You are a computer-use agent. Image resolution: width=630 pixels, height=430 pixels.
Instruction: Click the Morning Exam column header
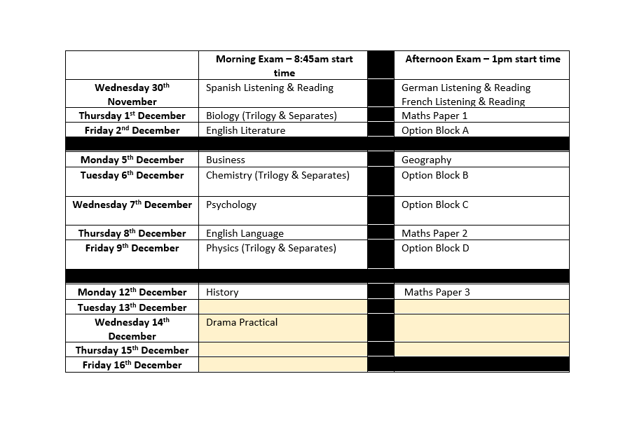(284, 66)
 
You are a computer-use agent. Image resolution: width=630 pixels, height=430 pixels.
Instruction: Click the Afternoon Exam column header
(482, 60)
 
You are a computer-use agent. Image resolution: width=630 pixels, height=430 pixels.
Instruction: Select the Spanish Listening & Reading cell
(269, 88)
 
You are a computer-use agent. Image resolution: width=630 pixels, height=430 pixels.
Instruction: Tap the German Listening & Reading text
(465, 88)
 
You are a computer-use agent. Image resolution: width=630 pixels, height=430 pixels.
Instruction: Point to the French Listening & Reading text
(463, 102)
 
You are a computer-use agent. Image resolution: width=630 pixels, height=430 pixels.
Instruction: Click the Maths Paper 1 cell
(434, 116)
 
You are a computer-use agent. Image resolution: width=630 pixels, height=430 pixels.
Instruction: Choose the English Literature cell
(245, 130)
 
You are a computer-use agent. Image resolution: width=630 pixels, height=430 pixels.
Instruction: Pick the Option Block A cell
(434, 130)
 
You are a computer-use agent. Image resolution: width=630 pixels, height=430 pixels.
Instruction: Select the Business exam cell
(225, 160)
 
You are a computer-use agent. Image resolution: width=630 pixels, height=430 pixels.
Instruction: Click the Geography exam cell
(426, 160)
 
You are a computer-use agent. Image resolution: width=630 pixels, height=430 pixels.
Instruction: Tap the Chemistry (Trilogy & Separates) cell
(277, 175)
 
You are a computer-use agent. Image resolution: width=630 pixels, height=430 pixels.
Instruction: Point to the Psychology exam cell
(231, 204)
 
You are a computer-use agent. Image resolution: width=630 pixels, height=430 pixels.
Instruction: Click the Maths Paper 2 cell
(434, 233)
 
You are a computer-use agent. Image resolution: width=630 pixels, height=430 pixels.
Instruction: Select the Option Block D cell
(434, 248)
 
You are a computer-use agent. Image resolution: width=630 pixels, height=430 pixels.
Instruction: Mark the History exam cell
(222, 292)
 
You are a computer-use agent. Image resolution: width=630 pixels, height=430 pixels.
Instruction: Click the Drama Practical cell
(241, 322)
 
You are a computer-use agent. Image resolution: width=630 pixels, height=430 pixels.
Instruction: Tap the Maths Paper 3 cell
(437, 292)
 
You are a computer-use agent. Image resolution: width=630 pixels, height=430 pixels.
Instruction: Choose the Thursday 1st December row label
(132, 116)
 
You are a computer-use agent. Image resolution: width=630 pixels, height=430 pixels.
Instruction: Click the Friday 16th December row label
(132, 365)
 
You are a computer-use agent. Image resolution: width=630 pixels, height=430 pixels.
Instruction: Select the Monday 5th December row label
(132, 160)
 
